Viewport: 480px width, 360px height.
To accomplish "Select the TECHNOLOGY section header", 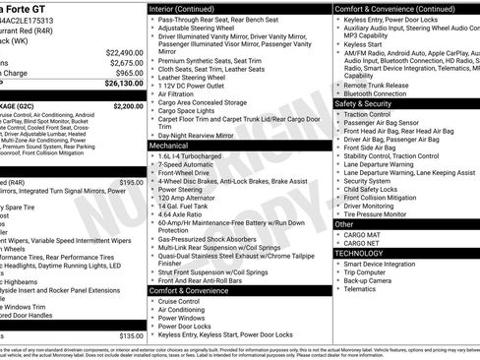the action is tap(359, 253).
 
